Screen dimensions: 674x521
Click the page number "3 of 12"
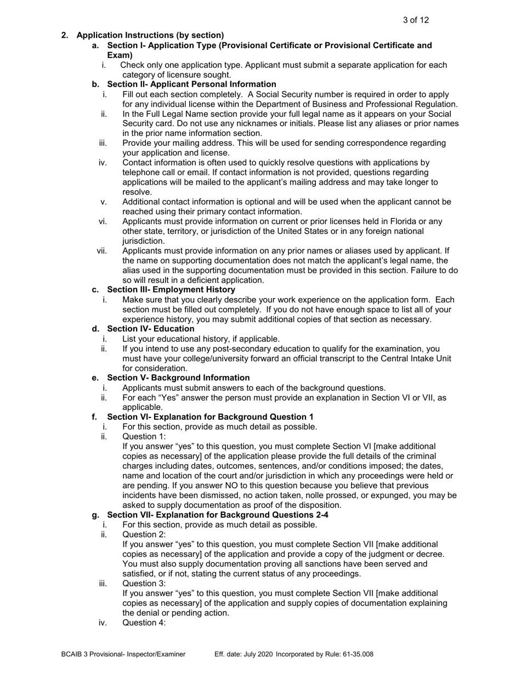click(x=415, y=20)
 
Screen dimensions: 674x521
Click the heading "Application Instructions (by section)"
click(x=150, y=35)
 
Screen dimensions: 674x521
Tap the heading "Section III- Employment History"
click(x=171, y=289)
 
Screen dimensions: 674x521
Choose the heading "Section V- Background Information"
click(x=178, y=378)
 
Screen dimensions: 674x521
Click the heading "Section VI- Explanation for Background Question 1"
click(x=210, y=417)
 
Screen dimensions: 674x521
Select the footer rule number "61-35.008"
click(x=356, y=654)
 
